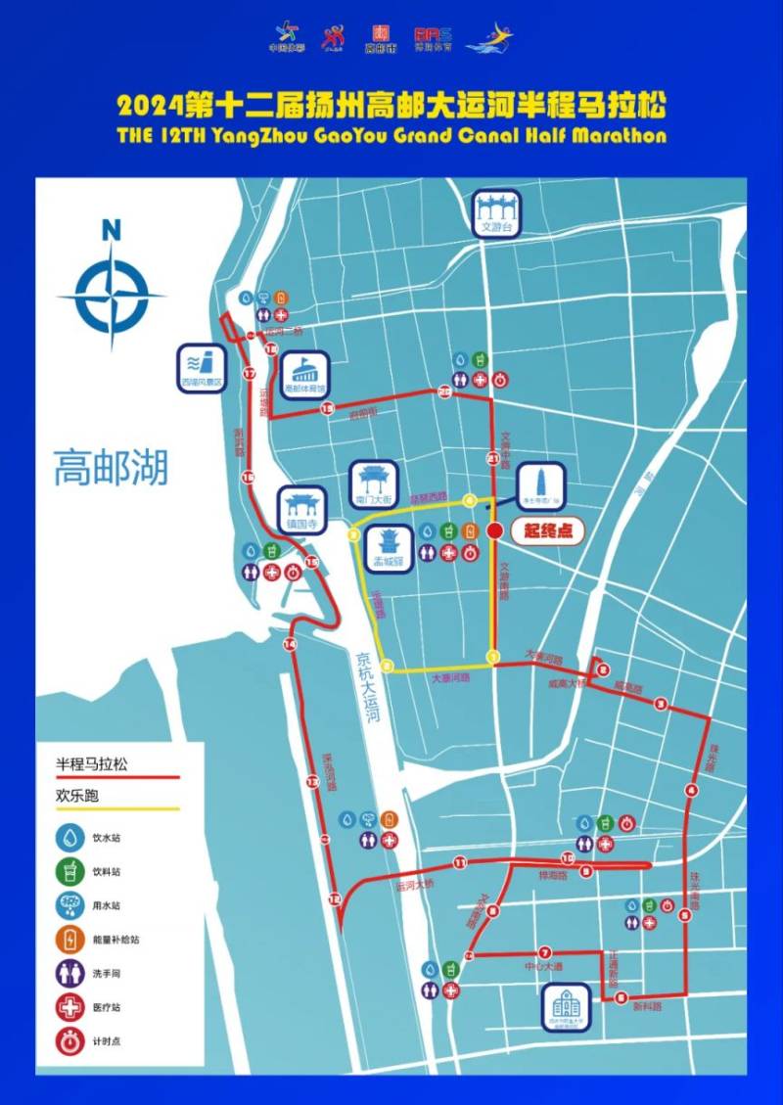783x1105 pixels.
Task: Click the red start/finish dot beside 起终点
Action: [x=495, y=530]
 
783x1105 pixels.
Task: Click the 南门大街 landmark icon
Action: [x=372, y=483]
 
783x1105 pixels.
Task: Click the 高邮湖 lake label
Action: [x=111, y=467]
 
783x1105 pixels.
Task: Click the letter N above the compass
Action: [x=111, y=231]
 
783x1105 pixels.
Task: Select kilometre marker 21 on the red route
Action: [x=493, y=458]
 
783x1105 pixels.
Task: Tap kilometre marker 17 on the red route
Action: [x=249, y=373]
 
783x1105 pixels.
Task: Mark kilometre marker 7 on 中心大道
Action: [x=544, y=950]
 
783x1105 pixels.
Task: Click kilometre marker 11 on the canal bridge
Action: [x=459, y=862]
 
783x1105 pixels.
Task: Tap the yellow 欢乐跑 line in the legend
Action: [x=117, y=809]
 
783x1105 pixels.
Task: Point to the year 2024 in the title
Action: [x=149, y=105]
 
